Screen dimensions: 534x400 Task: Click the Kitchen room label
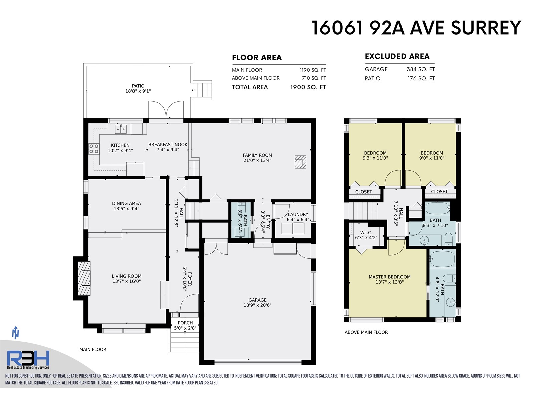click(x=120, y=145)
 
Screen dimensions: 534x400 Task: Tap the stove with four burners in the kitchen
click(x=94, y=149)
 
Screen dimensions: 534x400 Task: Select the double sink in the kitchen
click(x=121, y=129)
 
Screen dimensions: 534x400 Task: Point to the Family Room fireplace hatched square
click(x=300, y=162)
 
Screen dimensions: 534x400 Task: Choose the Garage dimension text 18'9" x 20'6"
click(x=257, y=305)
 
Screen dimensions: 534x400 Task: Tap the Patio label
click(x=138, y=86)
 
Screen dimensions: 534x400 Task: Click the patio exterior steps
click(x=202, y=90)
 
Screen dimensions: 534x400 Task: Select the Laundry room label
click(x=298, y=214)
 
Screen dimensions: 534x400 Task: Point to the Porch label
click(x=185, y=323)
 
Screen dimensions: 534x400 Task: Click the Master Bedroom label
click(x=389, y=277)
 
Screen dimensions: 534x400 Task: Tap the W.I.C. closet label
click(x=366, y=233)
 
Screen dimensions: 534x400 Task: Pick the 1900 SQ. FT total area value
click(x=308, y=87)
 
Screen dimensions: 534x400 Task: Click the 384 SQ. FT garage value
click(x=421, y=69)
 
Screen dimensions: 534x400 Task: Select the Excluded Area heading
click(x=397, y=56)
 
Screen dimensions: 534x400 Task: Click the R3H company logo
click(x=28, y=360)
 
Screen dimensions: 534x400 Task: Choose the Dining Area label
click(x=126, y=203)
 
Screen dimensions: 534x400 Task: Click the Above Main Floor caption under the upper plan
click(x=366, y=332)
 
